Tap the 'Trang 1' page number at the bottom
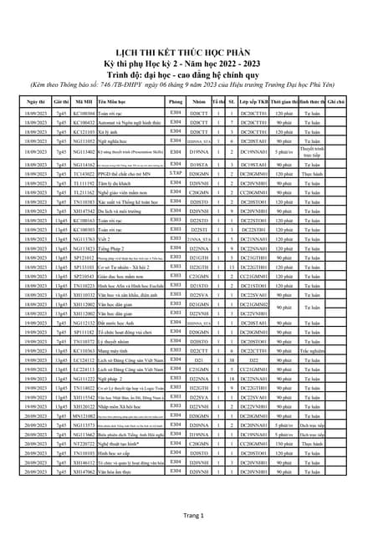click(x=189, y=517)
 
